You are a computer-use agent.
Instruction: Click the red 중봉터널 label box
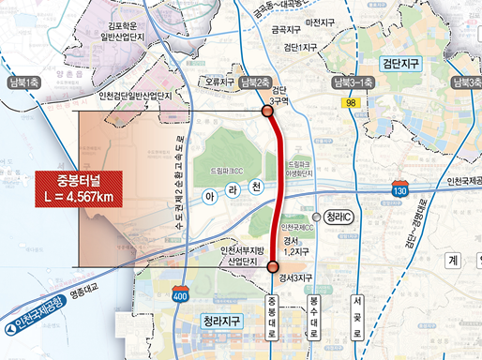pos(79,187)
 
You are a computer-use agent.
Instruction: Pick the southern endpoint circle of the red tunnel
pos(273,268)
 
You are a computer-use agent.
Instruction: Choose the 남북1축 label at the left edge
pos(20,82)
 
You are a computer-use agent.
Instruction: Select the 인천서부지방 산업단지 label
pos(242,255)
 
